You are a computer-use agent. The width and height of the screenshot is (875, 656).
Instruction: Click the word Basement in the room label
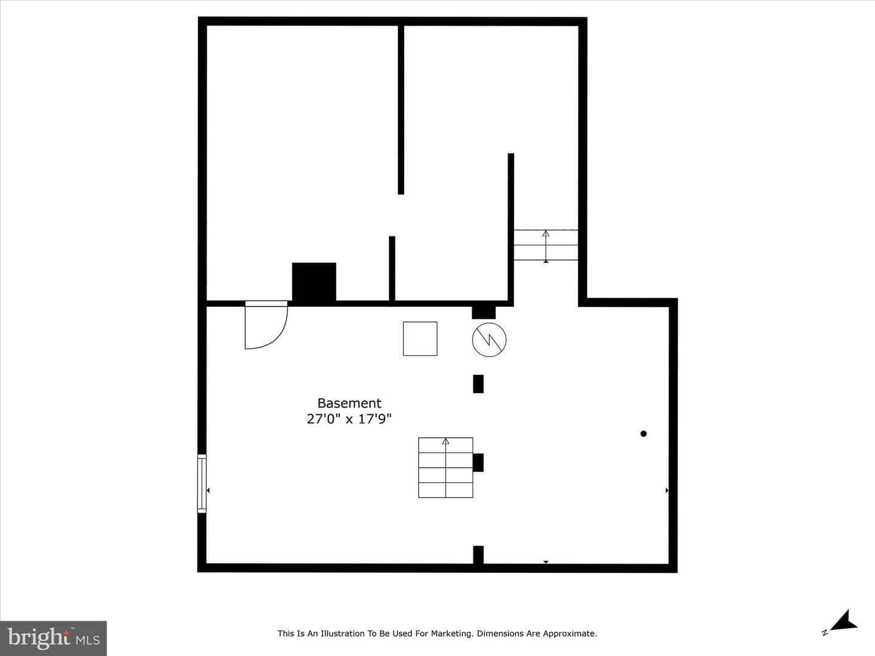tap(349, 403)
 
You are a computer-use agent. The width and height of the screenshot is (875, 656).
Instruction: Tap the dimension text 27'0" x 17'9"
tap(349, 419)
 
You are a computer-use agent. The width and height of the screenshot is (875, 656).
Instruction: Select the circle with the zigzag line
tap(489, 340)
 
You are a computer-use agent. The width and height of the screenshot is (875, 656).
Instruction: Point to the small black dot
tap(643, 434)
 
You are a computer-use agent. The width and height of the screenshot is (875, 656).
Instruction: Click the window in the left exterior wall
tap(202, 483)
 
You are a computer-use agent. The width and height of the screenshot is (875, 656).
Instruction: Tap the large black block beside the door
tap(314, 282)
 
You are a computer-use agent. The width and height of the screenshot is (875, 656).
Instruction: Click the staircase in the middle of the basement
tap(445, 468)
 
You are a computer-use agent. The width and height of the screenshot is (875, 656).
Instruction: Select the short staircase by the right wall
tap(546, 245)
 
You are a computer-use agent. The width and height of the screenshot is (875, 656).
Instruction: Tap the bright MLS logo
tap(53, 638)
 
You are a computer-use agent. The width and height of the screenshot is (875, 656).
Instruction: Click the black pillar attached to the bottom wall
tap(478, 555)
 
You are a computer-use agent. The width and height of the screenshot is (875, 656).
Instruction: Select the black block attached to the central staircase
tap(478, 462)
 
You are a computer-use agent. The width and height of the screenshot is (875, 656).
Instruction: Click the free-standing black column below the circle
tap(478, 384)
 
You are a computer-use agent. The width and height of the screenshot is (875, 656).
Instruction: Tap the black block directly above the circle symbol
tap(484, 313)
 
